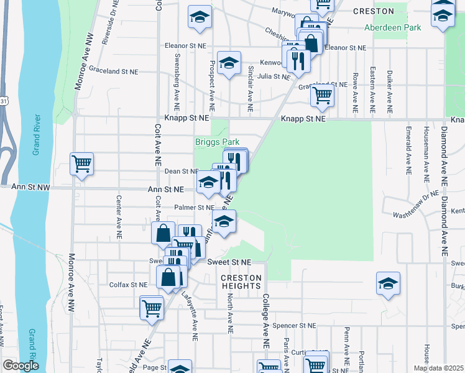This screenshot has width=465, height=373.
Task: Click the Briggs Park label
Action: [217, 142]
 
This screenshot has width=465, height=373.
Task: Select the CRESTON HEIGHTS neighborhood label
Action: [241, 282]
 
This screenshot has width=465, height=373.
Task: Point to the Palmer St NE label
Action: [194, 208]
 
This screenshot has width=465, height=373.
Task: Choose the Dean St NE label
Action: [181, 171]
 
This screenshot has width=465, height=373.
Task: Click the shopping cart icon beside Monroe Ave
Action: [81, 163]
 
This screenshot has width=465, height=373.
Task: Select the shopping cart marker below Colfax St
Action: [152, 307]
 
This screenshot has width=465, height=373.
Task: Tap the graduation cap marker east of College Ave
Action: [388, 283]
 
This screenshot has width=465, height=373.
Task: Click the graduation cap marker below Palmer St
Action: [224, 221]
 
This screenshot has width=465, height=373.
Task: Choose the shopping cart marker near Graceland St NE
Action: [322, 95]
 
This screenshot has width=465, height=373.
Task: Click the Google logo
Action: [21, 366]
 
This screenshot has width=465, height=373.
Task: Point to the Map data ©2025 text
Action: [438, 368]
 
